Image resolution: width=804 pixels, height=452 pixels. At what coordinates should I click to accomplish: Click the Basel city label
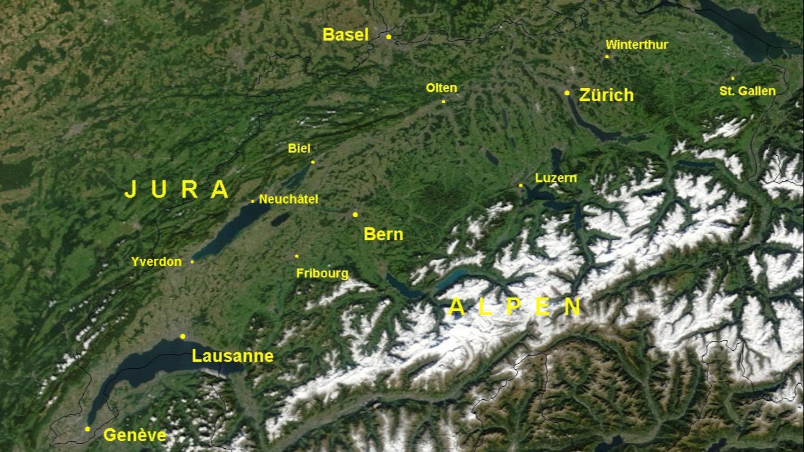click(x=345, y=35)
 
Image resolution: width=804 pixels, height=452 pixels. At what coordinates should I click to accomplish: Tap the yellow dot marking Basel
click(x=389, y=37)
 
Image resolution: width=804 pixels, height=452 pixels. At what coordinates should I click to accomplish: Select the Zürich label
click(x=606, y=95)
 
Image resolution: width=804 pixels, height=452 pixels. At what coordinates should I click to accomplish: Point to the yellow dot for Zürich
click(x=567, y=93)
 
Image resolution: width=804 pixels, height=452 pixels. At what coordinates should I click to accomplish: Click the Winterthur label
click(x=636, y=45)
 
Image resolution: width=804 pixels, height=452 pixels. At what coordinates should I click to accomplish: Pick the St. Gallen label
click(x=747, y=91)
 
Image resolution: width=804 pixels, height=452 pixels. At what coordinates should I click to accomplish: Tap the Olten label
click(x=441, y=88)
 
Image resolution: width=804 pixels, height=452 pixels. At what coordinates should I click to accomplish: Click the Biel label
click(x=299, y=149)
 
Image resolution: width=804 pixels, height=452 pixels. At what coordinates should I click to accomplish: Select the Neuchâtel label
click(x=289, y=200)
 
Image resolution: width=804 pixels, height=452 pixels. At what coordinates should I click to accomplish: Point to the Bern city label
click(x=383, y=234)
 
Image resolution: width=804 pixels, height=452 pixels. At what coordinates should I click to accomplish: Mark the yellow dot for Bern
click(x=355, y=215)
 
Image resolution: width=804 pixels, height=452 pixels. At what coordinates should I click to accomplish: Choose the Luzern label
click(x=556, y=178)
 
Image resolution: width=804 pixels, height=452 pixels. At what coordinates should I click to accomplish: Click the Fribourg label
click(x=322, y=274)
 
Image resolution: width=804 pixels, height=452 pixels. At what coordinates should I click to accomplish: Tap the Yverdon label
click(x=156, y=262)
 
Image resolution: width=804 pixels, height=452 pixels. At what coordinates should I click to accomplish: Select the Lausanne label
click(x=232, y=356)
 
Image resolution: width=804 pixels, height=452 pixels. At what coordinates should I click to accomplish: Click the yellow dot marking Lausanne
click(x=183, y=336)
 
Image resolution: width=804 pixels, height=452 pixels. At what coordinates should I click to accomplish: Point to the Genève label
click(x=134, y=435)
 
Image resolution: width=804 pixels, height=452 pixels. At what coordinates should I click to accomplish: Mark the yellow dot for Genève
click(x=87, y=429)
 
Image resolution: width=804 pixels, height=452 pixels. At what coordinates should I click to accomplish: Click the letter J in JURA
click(x=130, y=189)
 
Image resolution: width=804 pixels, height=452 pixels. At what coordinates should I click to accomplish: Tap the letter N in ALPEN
click(x=572, y=307)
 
